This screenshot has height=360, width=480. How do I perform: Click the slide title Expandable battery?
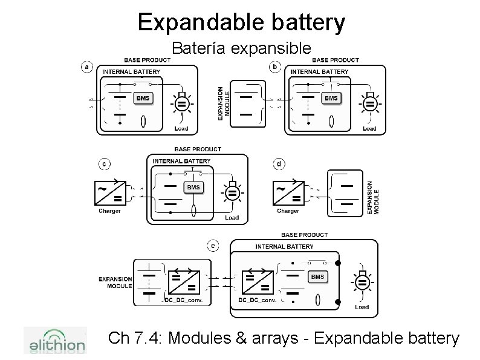pyautogui.click(x=241, y=22)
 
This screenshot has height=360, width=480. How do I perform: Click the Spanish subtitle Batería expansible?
pyautogui.click(x=241, y=48)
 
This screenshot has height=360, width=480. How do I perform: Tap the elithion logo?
pyautogui.click(x=54, y=342)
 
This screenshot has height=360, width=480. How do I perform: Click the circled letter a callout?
pyautogui.click(x=88, y=67)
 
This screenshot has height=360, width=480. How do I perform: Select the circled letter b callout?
pyautogui.click(x=276, y=67)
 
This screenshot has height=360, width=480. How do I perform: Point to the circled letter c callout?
pyautogui.click(x=105, y=163)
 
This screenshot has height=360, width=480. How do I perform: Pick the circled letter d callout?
pyautogui.click(x=279, y=163)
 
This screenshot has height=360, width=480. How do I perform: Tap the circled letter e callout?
pyautogui.click(x=213, y=245)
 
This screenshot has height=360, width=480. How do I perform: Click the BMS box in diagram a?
pyautogui.click(x=142, y=98)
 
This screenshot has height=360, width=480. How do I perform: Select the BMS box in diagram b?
pyautogui.click(x=331, y=98)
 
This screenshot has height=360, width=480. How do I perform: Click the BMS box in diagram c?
pyautogui.click(x=193, y=188)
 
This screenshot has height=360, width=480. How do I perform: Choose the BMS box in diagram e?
pyautogui.click(x=317, y=277)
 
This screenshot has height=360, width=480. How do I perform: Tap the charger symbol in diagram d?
pyautogui.click(x=288, y=192)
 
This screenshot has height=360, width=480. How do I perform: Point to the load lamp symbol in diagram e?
pyautogui.click(x=362, y=283)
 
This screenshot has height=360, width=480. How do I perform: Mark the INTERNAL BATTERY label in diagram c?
pyautogui.click(x=181, y=161)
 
